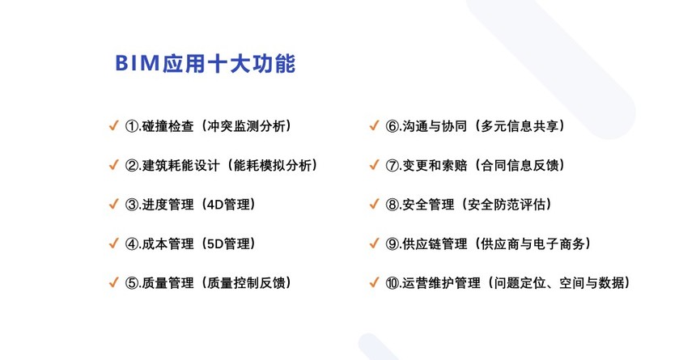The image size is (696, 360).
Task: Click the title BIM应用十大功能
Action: pos(205,63)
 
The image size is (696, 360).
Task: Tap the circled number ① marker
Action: pos(132,126)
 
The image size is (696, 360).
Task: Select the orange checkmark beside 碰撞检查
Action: pos(113,125)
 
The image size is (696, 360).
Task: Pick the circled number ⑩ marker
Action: pos(393,283)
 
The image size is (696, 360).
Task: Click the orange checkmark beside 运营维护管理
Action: pos(374,282)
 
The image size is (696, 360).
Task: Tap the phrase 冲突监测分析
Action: pos(246,126)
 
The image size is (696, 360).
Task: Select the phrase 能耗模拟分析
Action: pos(273,166)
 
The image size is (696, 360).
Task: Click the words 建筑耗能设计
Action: pos(181,166)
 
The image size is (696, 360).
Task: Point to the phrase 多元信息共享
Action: pos(520,126)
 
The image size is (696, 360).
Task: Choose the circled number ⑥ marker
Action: pos(393,126)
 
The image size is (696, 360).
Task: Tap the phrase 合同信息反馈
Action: pos(520,166)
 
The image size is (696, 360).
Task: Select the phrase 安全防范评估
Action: pos(507,205)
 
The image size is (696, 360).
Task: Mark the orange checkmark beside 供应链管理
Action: pos(374,244)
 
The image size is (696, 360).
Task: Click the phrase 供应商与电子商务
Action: pos(533,244)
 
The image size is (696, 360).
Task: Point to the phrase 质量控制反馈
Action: pos(246,283)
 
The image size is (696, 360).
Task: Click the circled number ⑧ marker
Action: pos(393,205)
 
